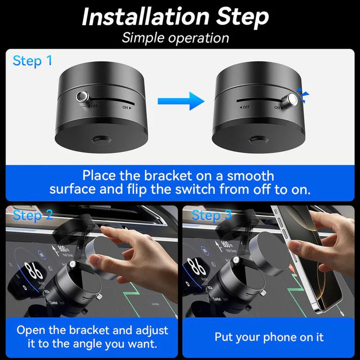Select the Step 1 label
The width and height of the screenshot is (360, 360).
click(32, 61)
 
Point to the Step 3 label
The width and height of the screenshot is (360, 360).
click(212, 216)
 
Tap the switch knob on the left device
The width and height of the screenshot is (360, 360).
click(82, 97)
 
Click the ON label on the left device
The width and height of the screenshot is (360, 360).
click(127, 107)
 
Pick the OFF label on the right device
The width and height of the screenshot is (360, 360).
click(244, 107)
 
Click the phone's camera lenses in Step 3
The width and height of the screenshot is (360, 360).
click(281, 222)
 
